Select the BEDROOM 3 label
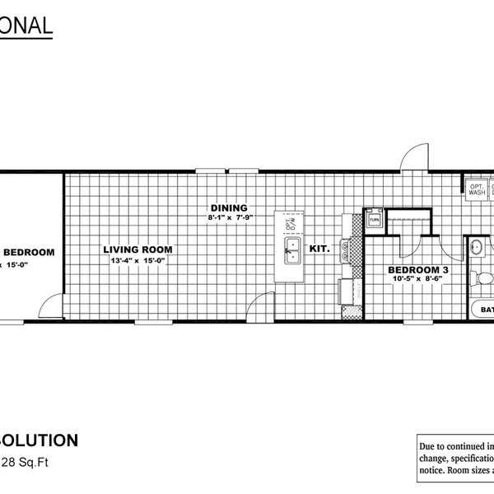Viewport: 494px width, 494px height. coord(418,269)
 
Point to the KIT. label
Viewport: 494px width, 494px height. coord(320,249)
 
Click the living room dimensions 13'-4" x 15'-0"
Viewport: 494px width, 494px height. coord(137,261)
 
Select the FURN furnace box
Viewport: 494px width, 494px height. coord(374,221)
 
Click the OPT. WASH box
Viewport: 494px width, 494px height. coord(476,189)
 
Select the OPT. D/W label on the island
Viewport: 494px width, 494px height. coord(289,222)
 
